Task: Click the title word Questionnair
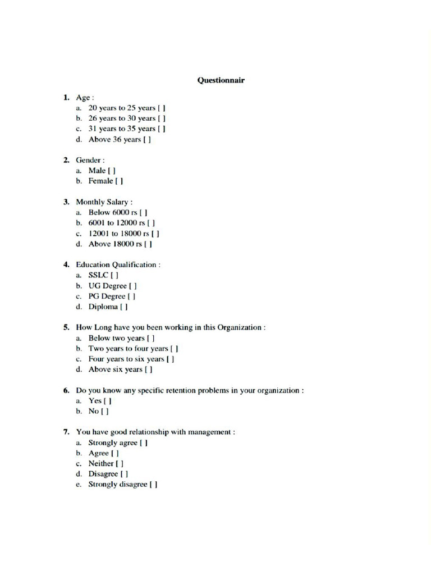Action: coord(221,80)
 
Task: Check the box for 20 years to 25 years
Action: coord(162,108)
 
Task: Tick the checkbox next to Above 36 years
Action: coord(147,140)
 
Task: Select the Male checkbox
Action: coord(113,170)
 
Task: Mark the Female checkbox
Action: coord(120,181)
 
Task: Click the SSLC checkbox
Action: coord(114,276)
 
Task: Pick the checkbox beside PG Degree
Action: coord(132,296)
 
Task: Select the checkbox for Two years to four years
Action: coord(175,349)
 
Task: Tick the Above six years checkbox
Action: coord(149,370)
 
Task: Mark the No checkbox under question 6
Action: coord(105,412)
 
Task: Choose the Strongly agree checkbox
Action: coord(144,443)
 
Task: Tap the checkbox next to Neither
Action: coord(120,464)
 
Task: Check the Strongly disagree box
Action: coord(154,485)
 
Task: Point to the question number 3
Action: coord(66,202)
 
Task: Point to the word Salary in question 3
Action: coord(115,202)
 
